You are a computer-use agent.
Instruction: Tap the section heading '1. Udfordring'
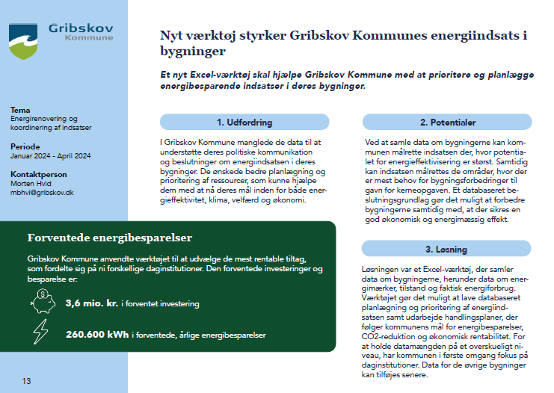pos(244,122)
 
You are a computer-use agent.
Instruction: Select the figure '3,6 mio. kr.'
pos(92,303)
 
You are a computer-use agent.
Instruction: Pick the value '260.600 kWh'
pos(97,335)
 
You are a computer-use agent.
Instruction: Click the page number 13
pos(26,381)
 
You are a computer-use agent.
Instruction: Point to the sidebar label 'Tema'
pos(21,110)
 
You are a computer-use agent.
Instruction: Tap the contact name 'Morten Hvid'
pos(31,183)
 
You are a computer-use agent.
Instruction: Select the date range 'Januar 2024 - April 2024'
pos(50,155)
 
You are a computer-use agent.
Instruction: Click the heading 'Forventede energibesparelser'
pos(110,238)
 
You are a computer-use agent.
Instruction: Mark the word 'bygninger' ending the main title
pos(193,53)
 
